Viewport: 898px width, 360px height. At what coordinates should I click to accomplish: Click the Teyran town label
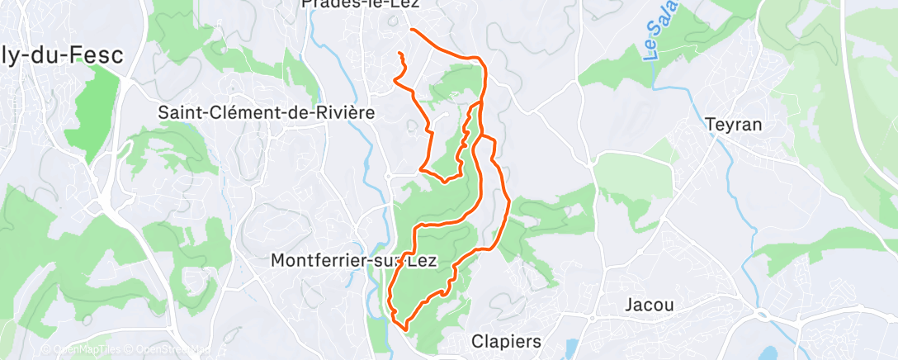click(x=734, y=124)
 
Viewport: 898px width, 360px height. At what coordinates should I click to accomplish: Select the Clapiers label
click(x=506, y=341)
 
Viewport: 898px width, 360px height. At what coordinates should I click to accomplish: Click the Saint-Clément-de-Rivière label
click(x=266, y=111)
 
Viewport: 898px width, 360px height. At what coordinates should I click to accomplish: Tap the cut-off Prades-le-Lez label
click(x=361, y=4)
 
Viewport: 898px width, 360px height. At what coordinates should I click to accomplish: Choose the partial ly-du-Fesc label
click(x=62, y=56)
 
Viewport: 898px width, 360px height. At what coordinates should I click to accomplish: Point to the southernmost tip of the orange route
click(x=405, y=329)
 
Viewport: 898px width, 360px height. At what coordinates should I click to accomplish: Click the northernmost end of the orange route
click(x=411, y=30)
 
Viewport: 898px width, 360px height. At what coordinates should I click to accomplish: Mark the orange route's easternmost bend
click(x=508, y=201)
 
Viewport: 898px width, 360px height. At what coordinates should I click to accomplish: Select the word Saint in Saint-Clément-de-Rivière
click(x=180, y=111)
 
